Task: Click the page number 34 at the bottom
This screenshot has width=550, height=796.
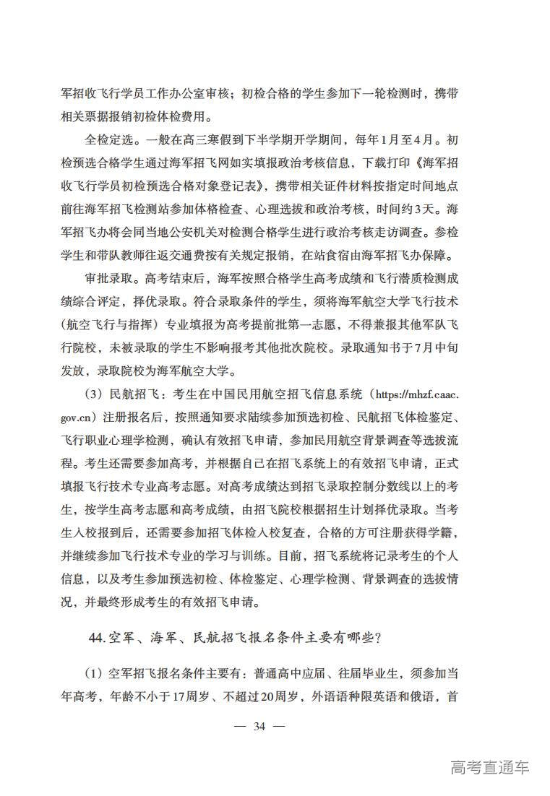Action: tap(260, 727)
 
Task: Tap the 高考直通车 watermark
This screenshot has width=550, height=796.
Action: tap(489, 767)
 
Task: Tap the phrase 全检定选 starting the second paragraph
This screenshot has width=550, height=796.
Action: tap(107, 139)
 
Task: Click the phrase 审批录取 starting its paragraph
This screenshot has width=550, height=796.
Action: tap(107, 278)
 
